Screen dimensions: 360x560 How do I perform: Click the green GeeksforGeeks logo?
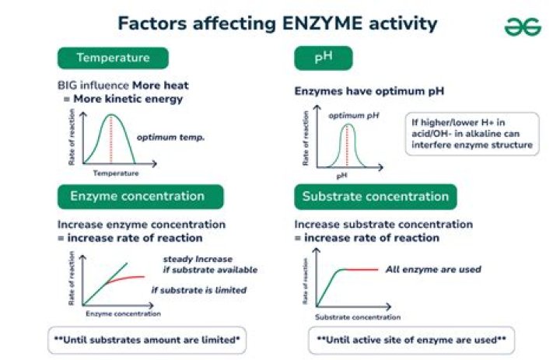[522, 26]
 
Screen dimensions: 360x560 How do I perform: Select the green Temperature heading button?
[113, 58]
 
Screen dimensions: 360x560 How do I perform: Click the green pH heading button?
[323, 58]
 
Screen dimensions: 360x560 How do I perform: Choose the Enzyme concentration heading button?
[138, 196]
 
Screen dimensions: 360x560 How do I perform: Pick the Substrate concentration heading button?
[375, 196]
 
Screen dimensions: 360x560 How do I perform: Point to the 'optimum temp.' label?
[170, 138]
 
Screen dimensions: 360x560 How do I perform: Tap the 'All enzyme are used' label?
[432, 269]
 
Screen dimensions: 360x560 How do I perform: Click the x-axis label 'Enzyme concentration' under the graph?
[123, 314]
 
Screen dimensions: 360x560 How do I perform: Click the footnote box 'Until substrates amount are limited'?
[146, 340]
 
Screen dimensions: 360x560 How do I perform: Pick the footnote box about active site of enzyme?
[411, 340]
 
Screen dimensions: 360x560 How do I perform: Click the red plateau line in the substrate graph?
[361, 270]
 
